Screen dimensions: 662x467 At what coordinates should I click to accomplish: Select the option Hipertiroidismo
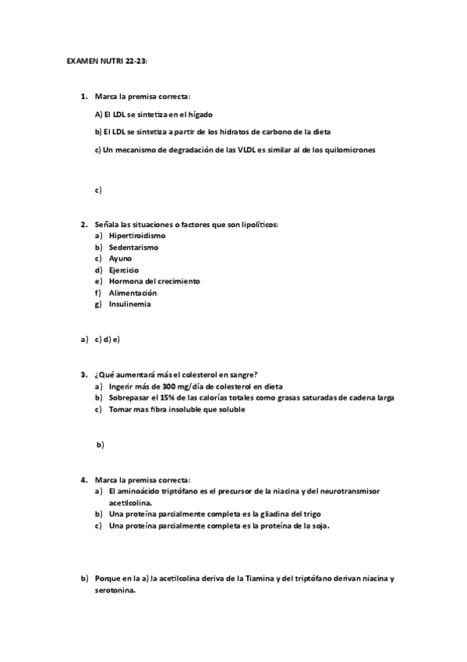point(137,235)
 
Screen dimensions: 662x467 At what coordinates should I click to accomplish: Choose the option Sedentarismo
point(133,247)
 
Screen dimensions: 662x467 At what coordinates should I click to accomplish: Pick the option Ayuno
point(121,258)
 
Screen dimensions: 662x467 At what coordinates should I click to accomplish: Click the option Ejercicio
point(124,270)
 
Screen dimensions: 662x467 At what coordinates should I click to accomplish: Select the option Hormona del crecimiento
point(154,281)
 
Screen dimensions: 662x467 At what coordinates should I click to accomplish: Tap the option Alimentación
point(133,293)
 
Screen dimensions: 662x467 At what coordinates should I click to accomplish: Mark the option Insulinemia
point(130,304)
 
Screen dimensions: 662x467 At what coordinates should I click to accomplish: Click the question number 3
point(83,374)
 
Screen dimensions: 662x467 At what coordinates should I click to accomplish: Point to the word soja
point(318,525)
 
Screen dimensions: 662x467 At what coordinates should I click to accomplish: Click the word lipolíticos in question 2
point(254,224)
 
